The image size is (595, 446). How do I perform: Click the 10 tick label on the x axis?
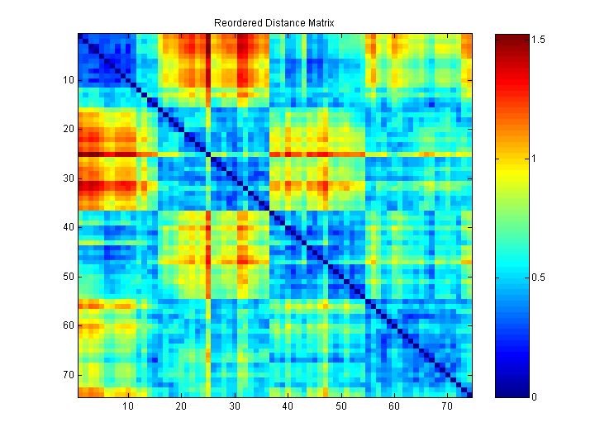[129, 408]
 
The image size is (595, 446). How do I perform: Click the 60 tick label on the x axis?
[394, 408]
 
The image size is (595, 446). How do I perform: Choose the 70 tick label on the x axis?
[447, 408]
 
